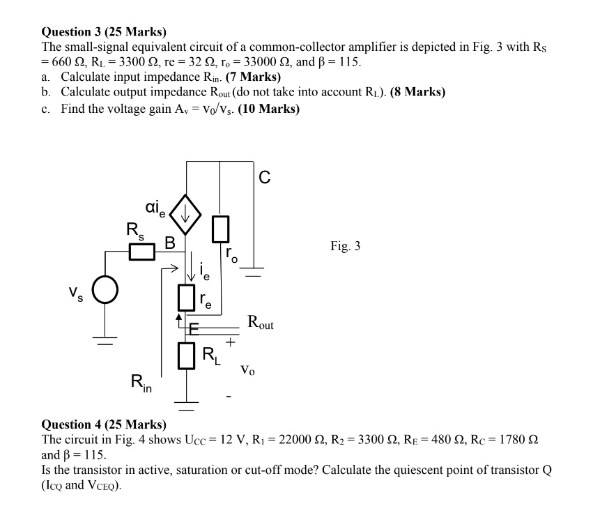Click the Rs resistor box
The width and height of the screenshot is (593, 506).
(141, 251)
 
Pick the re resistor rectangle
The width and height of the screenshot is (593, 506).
(186, 298)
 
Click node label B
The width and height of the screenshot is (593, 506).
(169, 242)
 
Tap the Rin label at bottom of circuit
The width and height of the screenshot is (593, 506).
(141, 383)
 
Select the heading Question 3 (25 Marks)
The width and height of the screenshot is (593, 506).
(105, 32)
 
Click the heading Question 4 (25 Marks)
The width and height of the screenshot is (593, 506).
(105, 424)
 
